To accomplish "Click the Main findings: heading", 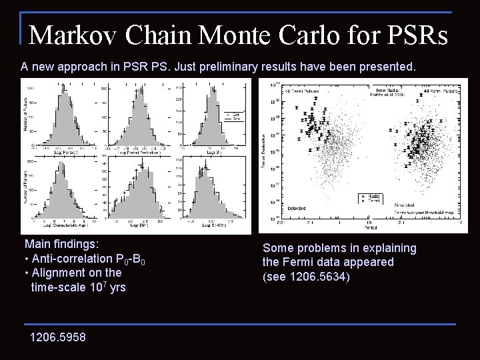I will click(61, 245).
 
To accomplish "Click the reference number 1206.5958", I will click(57, 337).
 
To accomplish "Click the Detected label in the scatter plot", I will click(296, 208).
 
